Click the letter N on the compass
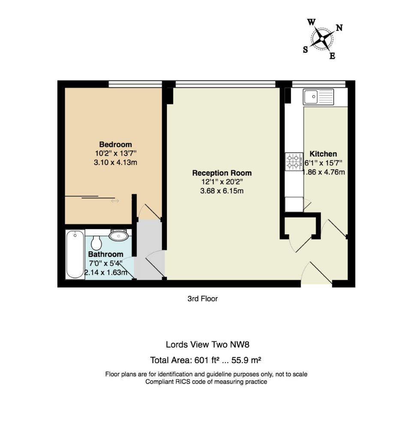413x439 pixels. [x=339, y=28]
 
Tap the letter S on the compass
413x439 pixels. [x=305, y=50]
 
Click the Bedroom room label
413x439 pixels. [x=115, y=144]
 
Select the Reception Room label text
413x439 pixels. [x=222, y=173]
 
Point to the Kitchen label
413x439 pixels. [x=323, y=154]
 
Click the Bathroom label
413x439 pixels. [x=106, y=254]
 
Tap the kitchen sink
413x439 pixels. [x=318, y=97]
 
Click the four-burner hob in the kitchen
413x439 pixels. [x=294, y=162]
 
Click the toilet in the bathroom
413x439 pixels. [x=96, y=242]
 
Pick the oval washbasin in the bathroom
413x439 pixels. [x=119, y=235]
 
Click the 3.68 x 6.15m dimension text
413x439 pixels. [x=222, y=191]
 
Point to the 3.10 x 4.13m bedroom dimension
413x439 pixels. [x=115, y=162]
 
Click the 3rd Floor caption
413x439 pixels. [x=202, y=299]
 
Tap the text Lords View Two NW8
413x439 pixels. [x=208, y=344]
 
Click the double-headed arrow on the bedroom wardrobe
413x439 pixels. [x=115, y=201]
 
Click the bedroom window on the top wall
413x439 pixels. [x=135, y=84]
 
